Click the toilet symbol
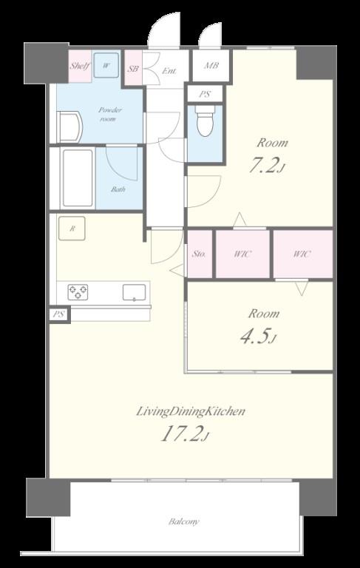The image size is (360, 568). coord(205,121)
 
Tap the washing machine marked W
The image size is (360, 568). coord(106,65)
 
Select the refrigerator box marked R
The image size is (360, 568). coord(72,229)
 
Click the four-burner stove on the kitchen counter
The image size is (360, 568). coord(78,292)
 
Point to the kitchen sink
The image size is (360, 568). coord(134,292)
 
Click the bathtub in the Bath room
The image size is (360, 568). coord(78,177)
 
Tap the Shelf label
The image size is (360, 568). coord(80,66)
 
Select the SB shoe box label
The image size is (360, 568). coord(133,69)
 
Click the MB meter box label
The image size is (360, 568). coord(211,66)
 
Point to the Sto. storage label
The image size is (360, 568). coord(199,254)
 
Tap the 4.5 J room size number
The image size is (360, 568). coord(258,336)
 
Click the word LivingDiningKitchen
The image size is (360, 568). coord(191,411)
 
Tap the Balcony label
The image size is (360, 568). coord(183,521)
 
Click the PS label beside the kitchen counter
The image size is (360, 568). coord(59,314)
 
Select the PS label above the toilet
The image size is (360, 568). coord(205,95)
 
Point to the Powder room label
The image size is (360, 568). coord(109,114)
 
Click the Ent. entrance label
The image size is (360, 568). coord(169,71)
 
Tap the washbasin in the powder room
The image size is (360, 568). coord(70,126)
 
